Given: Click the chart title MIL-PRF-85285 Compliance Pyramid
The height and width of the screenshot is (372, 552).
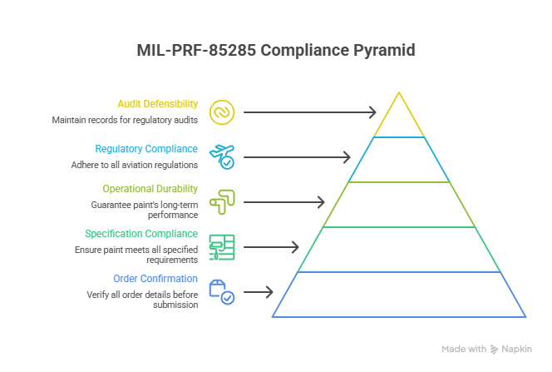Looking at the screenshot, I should [275, 51].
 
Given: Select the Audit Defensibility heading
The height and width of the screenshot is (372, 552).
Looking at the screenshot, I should [157, 104].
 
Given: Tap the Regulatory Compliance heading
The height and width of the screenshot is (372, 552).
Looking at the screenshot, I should [146, 149].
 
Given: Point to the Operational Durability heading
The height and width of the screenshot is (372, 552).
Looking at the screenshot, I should [150, 189].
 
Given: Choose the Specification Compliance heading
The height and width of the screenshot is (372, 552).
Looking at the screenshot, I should [141, 234].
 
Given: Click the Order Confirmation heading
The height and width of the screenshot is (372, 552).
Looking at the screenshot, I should [155, 279].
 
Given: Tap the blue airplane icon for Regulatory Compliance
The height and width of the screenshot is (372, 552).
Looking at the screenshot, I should [222, 156].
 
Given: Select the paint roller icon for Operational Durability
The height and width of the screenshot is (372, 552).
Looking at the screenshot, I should [222, 201].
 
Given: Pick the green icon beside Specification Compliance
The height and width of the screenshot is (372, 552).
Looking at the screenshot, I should [222, 246].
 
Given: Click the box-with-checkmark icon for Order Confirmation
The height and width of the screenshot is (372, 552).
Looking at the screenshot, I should [222, 291].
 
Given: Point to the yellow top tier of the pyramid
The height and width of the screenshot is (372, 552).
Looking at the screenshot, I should [399, 119].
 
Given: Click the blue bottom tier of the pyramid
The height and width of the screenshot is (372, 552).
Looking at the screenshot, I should [399, 294].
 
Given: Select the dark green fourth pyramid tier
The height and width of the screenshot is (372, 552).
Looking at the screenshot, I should [399, 249].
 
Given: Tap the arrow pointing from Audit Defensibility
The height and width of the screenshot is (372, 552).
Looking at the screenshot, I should [309, 112].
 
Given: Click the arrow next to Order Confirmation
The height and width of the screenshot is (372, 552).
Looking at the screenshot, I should [258, 291].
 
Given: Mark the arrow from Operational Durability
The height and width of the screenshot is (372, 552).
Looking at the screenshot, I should [283, 201].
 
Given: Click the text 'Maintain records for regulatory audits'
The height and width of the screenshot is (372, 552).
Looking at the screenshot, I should [125, 120].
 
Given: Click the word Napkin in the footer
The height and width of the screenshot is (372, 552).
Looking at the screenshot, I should [516, 350].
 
